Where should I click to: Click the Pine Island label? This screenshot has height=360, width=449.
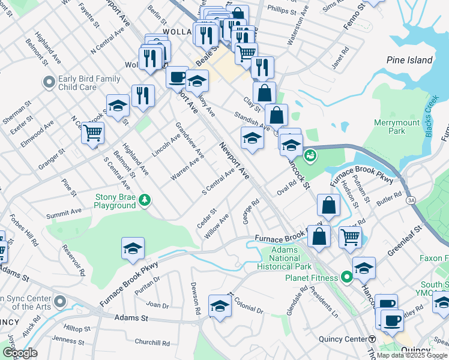410,60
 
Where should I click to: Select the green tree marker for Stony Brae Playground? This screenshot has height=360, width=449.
145,200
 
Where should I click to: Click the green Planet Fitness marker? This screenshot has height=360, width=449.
346,277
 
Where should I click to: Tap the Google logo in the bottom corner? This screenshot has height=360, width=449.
19,353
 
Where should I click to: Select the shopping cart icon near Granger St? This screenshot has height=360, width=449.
93,133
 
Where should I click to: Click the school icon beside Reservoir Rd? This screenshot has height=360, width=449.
133,249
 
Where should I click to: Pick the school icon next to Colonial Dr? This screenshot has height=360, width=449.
220,307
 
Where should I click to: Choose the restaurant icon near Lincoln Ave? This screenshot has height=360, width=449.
143,96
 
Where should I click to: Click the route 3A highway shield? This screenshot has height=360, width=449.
411,199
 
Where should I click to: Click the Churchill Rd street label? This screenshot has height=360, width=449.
152,343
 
